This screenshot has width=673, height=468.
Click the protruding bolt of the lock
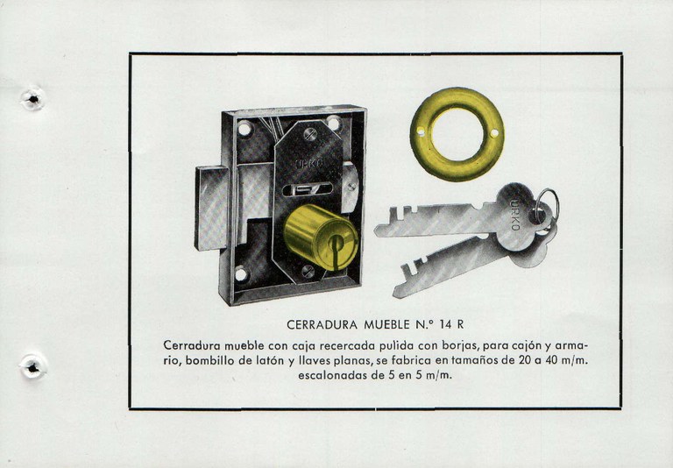[211, 209]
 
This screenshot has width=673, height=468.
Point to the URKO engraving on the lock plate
[309, 164]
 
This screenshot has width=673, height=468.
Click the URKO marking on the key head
[515, 215]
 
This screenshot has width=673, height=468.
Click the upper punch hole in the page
[32, 99]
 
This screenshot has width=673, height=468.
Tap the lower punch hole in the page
[33, 367]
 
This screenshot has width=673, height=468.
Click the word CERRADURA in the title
[322, 324]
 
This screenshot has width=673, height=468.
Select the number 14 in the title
[446, 324]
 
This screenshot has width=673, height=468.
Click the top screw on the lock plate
[310, 134]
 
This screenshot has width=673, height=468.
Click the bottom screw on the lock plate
[308, 272]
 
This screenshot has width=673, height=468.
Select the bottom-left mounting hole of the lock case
[241, 273]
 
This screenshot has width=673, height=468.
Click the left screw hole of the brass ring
[421, 131]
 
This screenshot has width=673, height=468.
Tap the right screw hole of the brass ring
[494, 133]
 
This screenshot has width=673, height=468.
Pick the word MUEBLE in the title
[387, 324]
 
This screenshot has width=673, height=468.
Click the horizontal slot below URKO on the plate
[308, 189]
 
